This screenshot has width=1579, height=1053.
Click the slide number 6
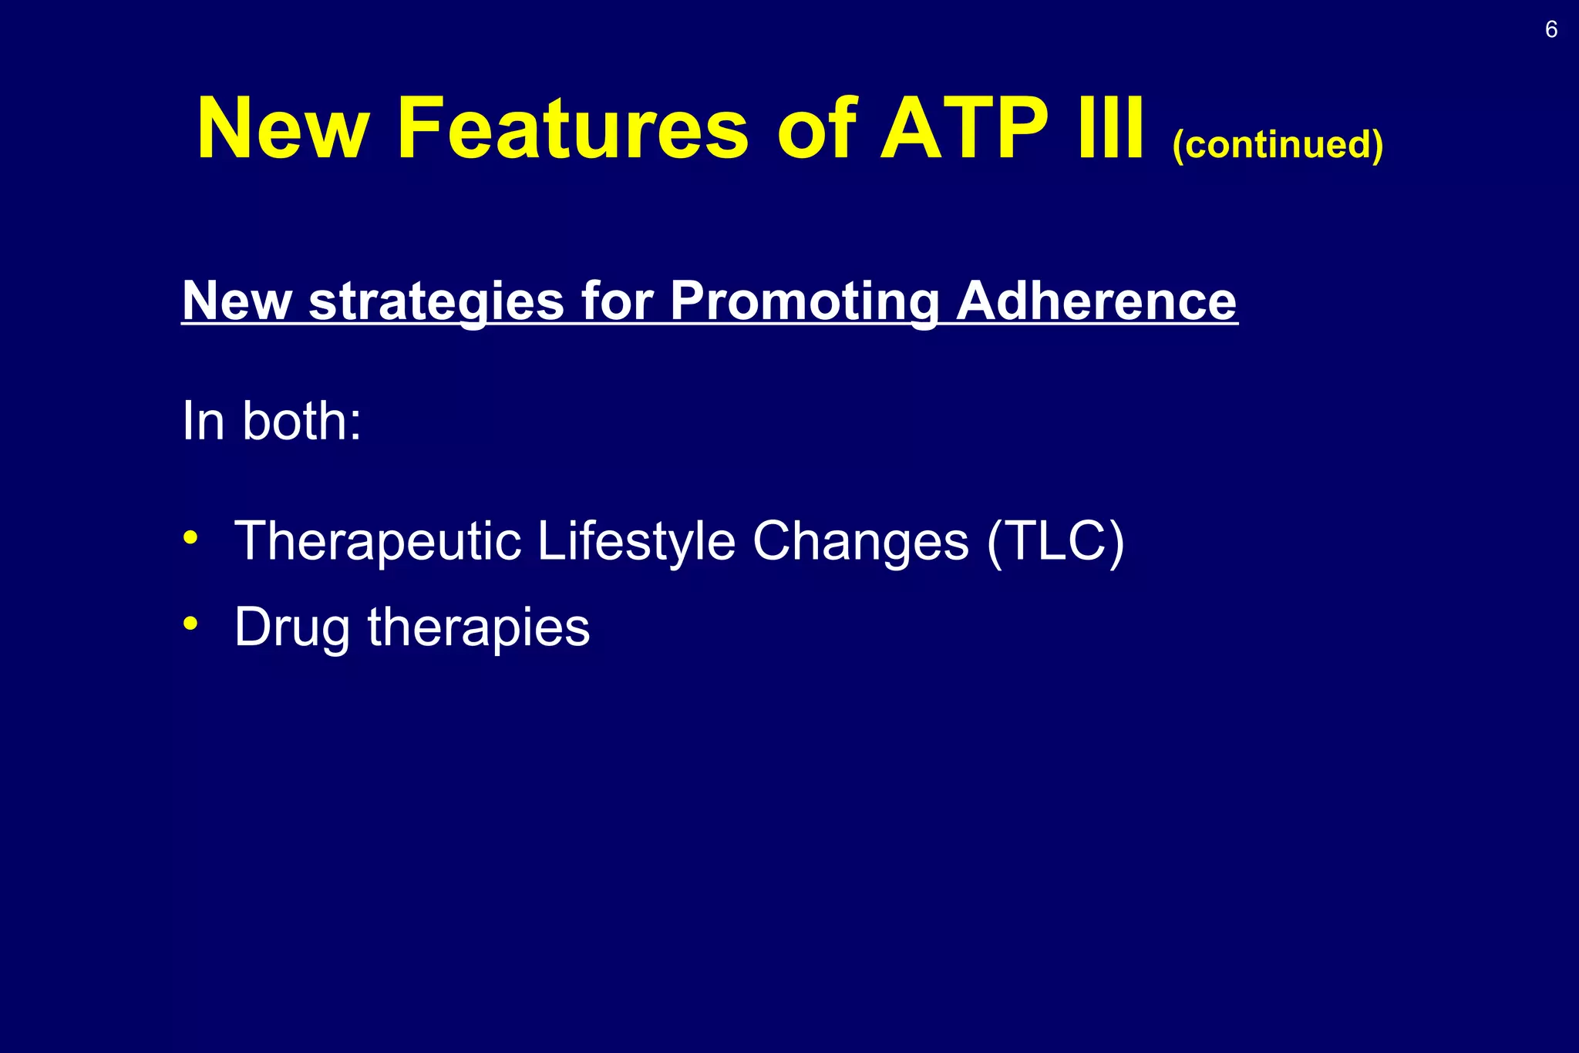1551,30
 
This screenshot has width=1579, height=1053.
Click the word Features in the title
571,129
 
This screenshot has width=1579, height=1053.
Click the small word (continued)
1278,144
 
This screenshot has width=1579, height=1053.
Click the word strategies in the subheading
436,301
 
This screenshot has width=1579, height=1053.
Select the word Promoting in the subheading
803,301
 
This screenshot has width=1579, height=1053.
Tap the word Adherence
1096,301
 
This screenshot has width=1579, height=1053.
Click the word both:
301,422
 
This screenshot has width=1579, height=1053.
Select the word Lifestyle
636,542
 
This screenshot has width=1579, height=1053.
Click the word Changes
860,542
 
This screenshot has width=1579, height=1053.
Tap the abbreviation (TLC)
1055,542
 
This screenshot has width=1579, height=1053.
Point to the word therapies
478,628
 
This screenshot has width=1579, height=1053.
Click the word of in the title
816,129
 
